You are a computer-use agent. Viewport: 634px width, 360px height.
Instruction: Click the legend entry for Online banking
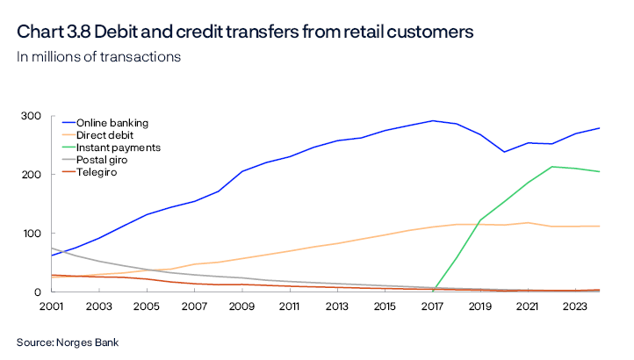coord(112,122)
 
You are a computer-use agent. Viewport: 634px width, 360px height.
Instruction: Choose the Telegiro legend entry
coord(97,172)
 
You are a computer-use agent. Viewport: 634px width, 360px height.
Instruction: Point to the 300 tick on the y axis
coord(32,116)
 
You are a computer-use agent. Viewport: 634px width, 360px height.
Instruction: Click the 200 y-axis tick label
coord(32,175)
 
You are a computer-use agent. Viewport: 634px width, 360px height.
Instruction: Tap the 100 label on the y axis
coord(32,234)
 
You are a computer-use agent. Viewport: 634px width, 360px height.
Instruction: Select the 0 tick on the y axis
coord(38,292)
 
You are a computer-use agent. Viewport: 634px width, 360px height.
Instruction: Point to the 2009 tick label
coord(242,306)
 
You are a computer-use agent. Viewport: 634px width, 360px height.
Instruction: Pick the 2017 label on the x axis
coord(432,306)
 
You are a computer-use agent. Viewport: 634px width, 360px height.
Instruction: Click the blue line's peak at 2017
coord(432,121)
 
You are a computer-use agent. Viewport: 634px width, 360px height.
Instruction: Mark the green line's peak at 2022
coord(551,167)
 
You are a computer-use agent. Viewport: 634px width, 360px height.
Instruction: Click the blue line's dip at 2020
coord(504,152)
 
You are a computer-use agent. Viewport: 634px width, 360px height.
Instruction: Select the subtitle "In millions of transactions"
coord(98,57)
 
